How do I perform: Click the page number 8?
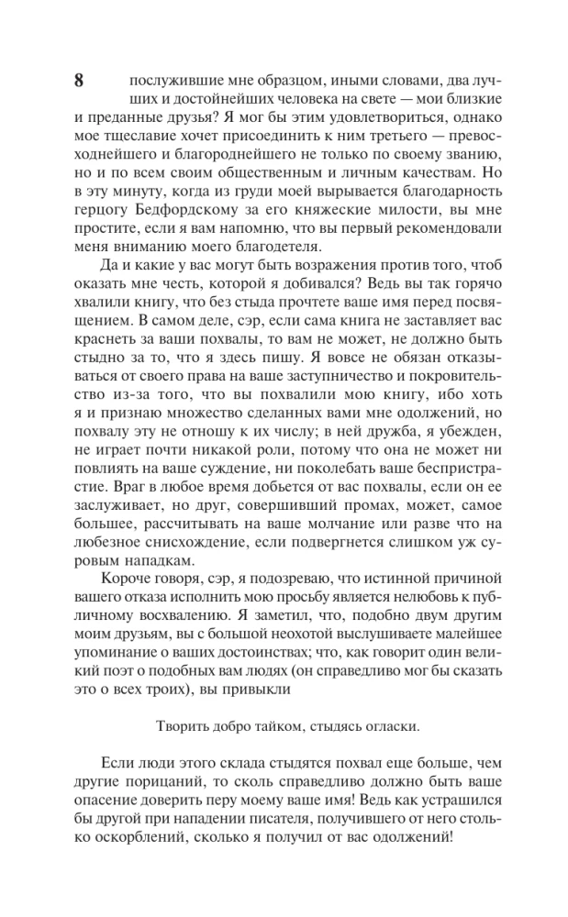(79, 81)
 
